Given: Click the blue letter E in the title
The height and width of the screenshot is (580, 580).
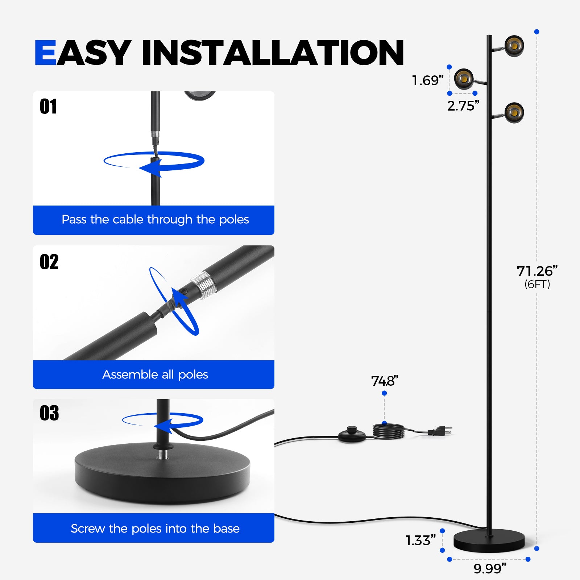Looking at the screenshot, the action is click(45, 53).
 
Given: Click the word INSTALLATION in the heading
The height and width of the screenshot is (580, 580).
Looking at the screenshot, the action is click(273, 53).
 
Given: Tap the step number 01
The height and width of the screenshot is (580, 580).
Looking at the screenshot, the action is click(48, 107).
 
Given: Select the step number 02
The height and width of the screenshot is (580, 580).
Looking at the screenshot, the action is click(49, 262).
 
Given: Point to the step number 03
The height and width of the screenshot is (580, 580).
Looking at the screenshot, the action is click(49, 413).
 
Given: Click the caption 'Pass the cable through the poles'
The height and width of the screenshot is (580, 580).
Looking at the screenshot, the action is click(155, 219).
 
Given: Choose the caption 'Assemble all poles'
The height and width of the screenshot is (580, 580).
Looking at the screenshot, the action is click(155, 374).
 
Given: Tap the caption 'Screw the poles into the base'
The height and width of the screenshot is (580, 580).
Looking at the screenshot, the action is click(155, 529).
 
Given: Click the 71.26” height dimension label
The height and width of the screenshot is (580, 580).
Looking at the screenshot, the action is click(537, 271).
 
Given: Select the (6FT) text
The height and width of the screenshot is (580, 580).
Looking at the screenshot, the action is click(537, 284).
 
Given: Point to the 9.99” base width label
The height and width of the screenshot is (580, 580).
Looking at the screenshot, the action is click(490, 568).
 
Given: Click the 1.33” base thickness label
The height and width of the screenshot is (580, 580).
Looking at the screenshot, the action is click(420, 540).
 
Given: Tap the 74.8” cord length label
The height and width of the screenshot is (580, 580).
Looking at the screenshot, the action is click(385, 381).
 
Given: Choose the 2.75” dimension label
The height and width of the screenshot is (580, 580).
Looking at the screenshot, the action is click(463, 106).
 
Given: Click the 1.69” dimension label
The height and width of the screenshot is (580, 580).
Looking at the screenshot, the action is click(428, 80).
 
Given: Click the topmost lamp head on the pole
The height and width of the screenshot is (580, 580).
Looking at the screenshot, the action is click(514, 46).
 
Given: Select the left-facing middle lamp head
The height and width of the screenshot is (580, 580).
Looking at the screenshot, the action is click(464, 79).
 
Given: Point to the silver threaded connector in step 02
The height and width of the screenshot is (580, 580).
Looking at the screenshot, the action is click(204, 285).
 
